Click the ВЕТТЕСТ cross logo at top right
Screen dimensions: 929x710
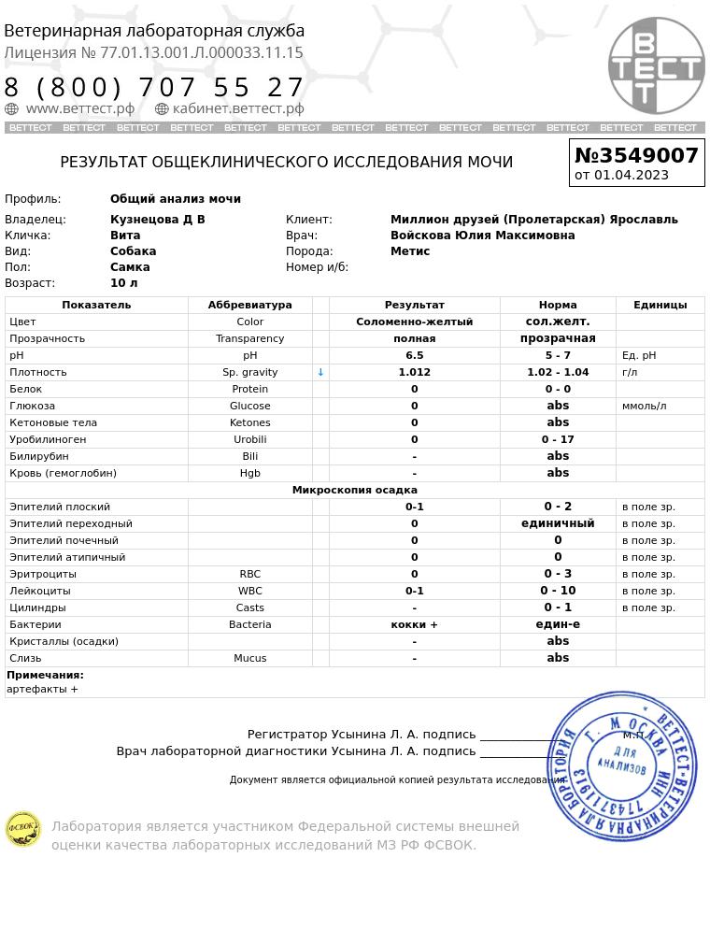tap(656, 65)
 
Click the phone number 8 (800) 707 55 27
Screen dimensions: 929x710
tap(154, 88)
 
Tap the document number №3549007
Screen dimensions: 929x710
tap(636, 155)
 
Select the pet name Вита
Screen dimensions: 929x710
tap(125, 236)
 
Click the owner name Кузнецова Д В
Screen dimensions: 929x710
tap(157, 220)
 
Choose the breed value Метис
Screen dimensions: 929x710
tap(410, 251)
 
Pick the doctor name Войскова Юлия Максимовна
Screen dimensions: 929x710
tap(482, 236)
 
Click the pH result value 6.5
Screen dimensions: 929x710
tap(414, 355)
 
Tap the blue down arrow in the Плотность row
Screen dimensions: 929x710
tap(320, 372)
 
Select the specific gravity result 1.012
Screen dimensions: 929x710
tap(414, 372)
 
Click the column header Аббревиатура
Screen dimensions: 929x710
tap(249, 305)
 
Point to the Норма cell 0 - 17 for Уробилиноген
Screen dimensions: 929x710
tap(558, 439)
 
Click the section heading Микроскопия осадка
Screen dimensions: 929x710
tap(354, 490)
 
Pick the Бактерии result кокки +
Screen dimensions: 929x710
tap(414, 624)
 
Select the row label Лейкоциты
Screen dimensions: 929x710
tap(40, 591)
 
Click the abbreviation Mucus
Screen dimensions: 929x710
tap(249, 658)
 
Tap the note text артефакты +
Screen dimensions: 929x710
tap(42, 689)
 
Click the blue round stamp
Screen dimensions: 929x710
tap(622, 765)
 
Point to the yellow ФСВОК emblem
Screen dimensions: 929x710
tap(23, 829)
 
